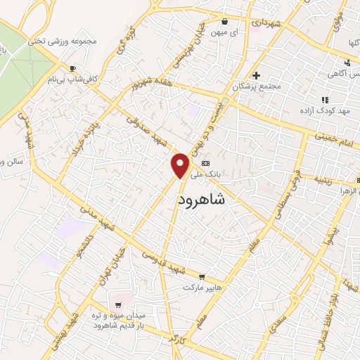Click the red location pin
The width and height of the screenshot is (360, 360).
tap(181, 165)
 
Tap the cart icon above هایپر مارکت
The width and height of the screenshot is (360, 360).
tap(202, 278)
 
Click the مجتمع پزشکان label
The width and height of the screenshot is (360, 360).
tap(260, 86)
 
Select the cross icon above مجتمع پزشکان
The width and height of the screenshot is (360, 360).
tap(256, 75)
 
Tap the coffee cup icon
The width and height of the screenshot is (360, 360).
tap(72, 69)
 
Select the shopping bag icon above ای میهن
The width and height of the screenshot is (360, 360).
tap(224, 20)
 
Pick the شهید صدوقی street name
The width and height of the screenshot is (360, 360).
tap(143, 129)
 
